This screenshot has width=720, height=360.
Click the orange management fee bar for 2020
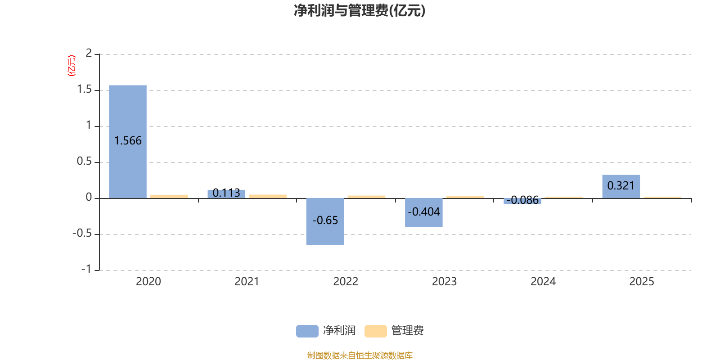click(169, 196)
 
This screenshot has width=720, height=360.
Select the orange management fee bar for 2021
click(268, 196)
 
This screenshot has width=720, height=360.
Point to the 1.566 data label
click(128, 141)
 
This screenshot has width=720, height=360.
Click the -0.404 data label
click(424, 211)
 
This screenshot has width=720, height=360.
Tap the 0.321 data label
click(621, 185)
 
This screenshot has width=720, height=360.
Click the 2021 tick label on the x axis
click(247, 282)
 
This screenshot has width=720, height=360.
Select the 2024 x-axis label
click(543, 282)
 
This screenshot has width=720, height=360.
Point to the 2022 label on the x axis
click(346, 282)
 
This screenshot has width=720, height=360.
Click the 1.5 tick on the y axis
click(84, 90)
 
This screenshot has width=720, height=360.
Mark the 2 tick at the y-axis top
click(89, 54)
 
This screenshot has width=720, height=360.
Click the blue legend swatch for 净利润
click(307, 331)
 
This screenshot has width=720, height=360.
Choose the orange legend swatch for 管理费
click(375, 331)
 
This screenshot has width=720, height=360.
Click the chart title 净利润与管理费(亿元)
click(360, 11)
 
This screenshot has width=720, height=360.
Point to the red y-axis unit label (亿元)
click(71, 66)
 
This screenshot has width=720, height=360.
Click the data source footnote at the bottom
click(360, 355)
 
